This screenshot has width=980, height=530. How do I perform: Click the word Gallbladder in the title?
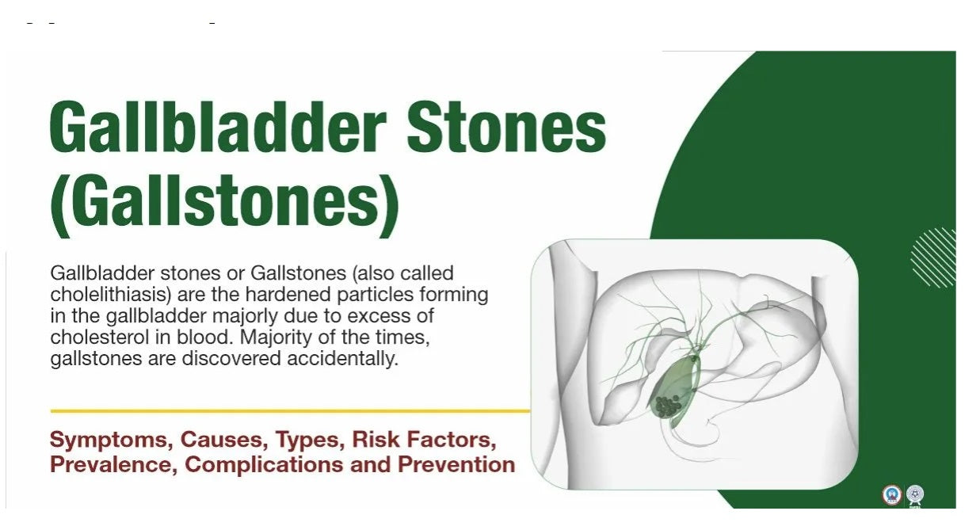tap(218, 127)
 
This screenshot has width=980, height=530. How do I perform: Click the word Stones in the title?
tap(506, 127)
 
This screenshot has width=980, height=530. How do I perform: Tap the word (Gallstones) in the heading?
tap(224, 202)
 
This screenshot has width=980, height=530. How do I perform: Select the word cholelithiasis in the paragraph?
tap(111, 294)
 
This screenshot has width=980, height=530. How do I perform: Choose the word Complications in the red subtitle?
tap(264, 465)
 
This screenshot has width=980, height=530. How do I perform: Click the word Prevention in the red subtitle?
tap(456, 465)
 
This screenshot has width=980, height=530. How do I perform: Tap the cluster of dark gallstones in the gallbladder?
tap(668, 406)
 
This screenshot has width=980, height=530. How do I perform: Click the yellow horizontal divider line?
tap(290, 411)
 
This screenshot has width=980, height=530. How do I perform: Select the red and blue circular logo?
tap(891, 495)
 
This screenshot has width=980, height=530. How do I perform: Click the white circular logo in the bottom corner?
tap(915, 495)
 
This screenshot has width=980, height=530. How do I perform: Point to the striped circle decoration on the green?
tap(934, 257)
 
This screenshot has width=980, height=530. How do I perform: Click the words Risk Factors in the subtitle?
tap(425, 440)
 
